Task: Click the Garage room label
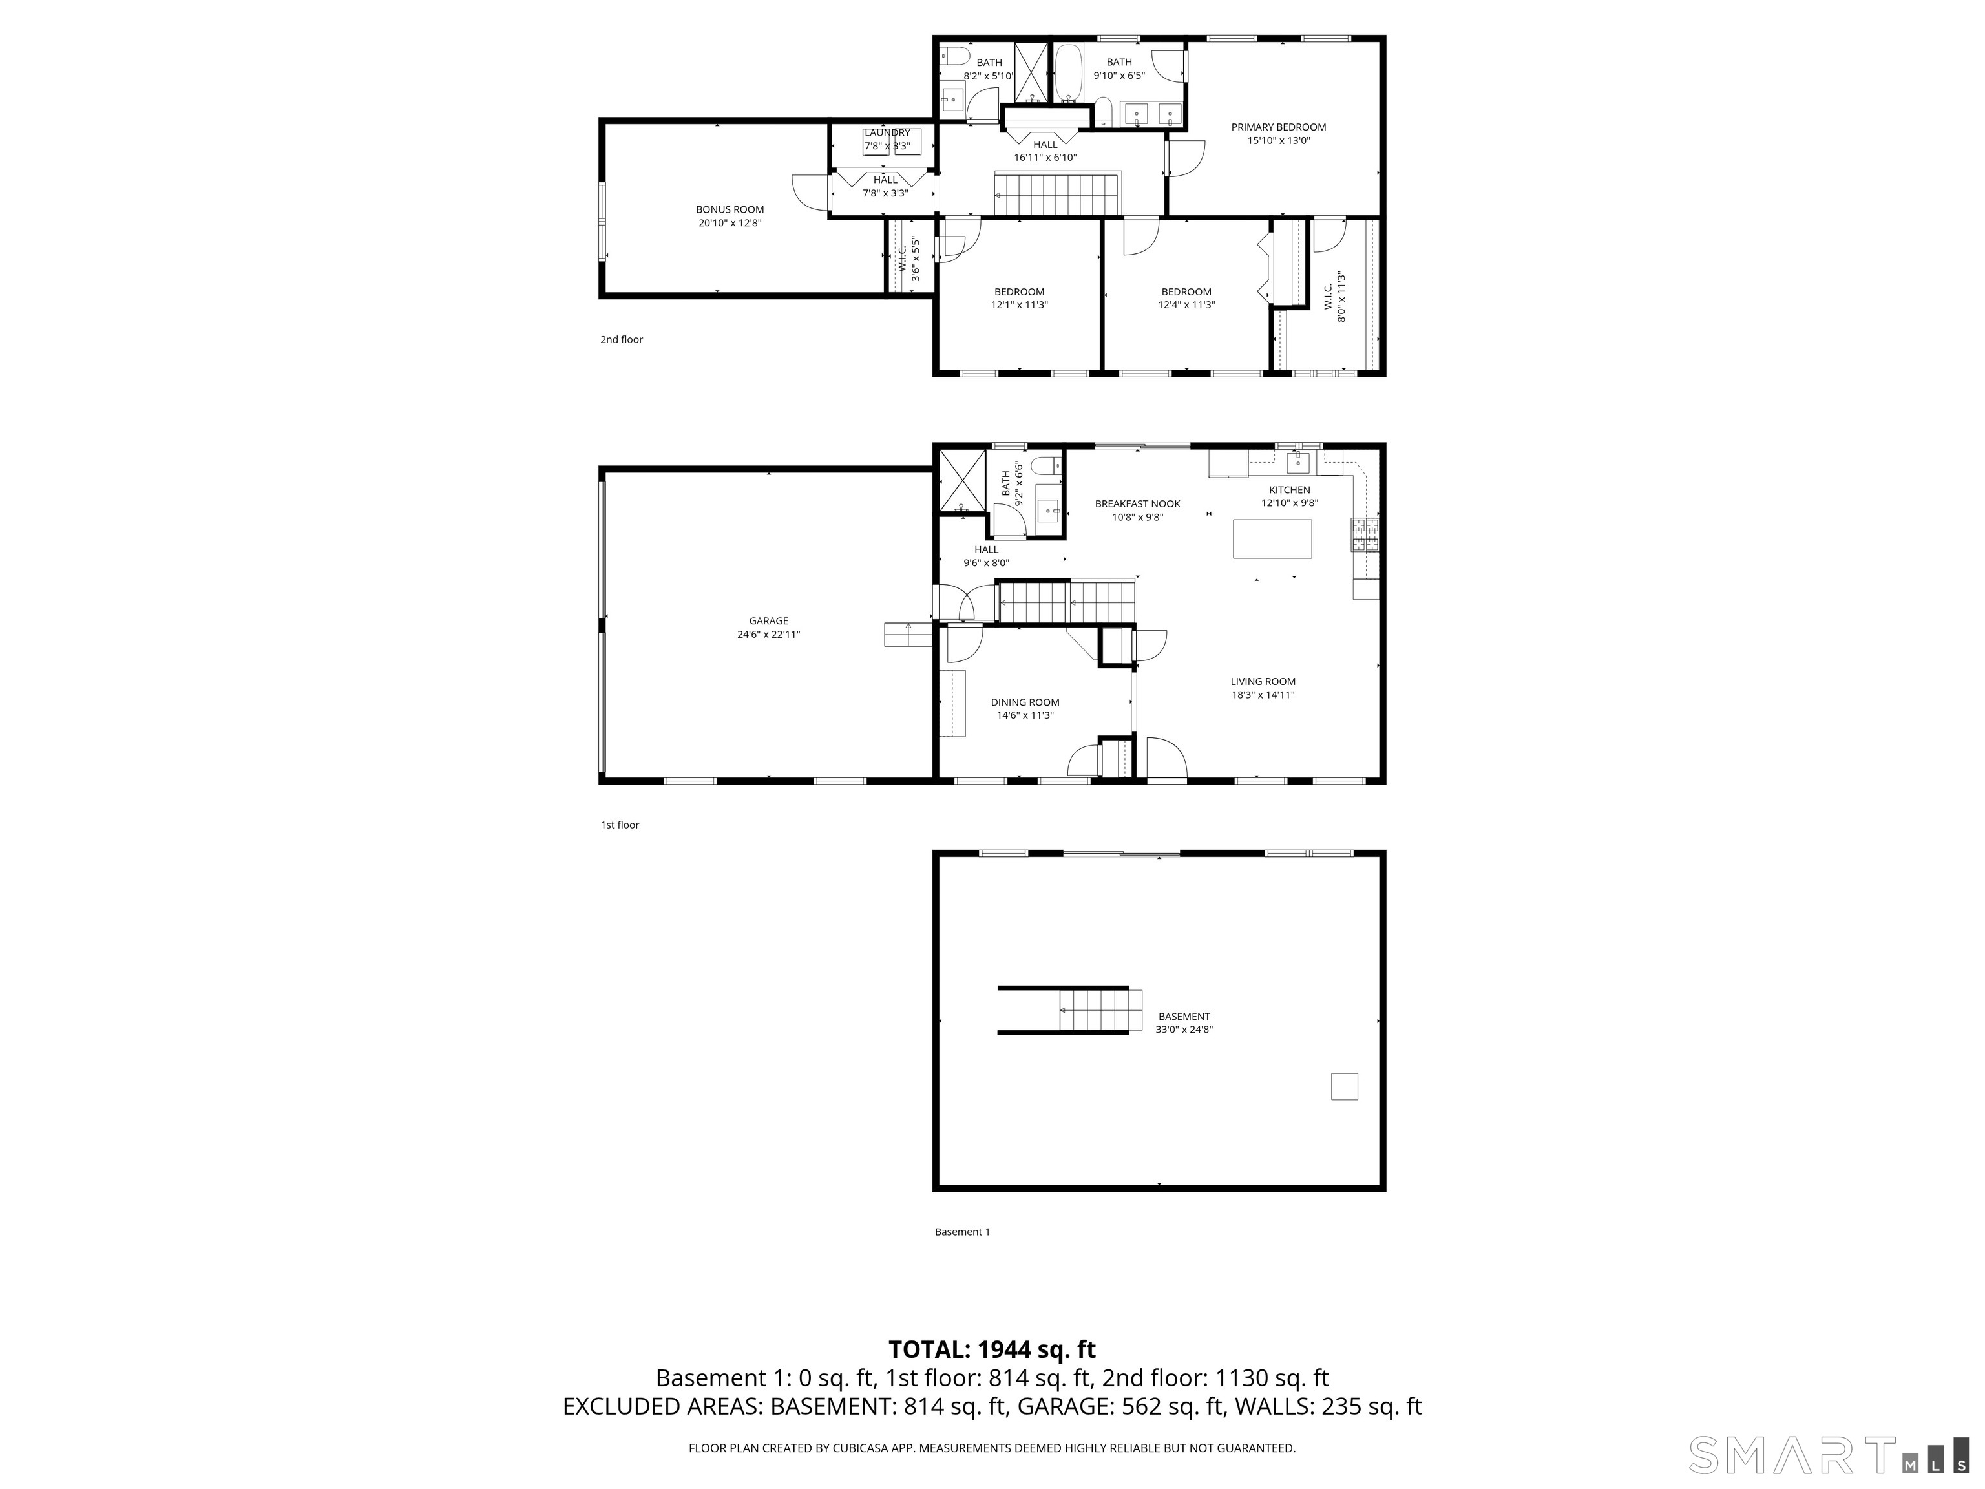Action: [x=768, y=620]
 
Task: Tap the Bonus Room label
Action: [x=730, y=209]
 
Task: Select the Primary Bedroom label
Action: [x=1278, y=127]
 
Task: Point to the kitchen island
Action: [x=1272, y=538]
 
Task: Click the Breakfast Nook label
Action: [x=1137, y=503]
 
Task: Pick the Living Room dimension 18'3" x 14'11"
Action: [x=1263, y=695]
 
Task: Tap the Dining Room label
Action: [x=1025, y=702]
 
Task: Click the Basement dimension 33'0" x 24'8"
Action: [x=1184, y=1030]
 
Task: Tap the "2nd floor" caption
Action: [x=621, y=339]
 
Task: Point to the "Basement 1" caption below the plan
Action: [x=962, y=1231]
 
